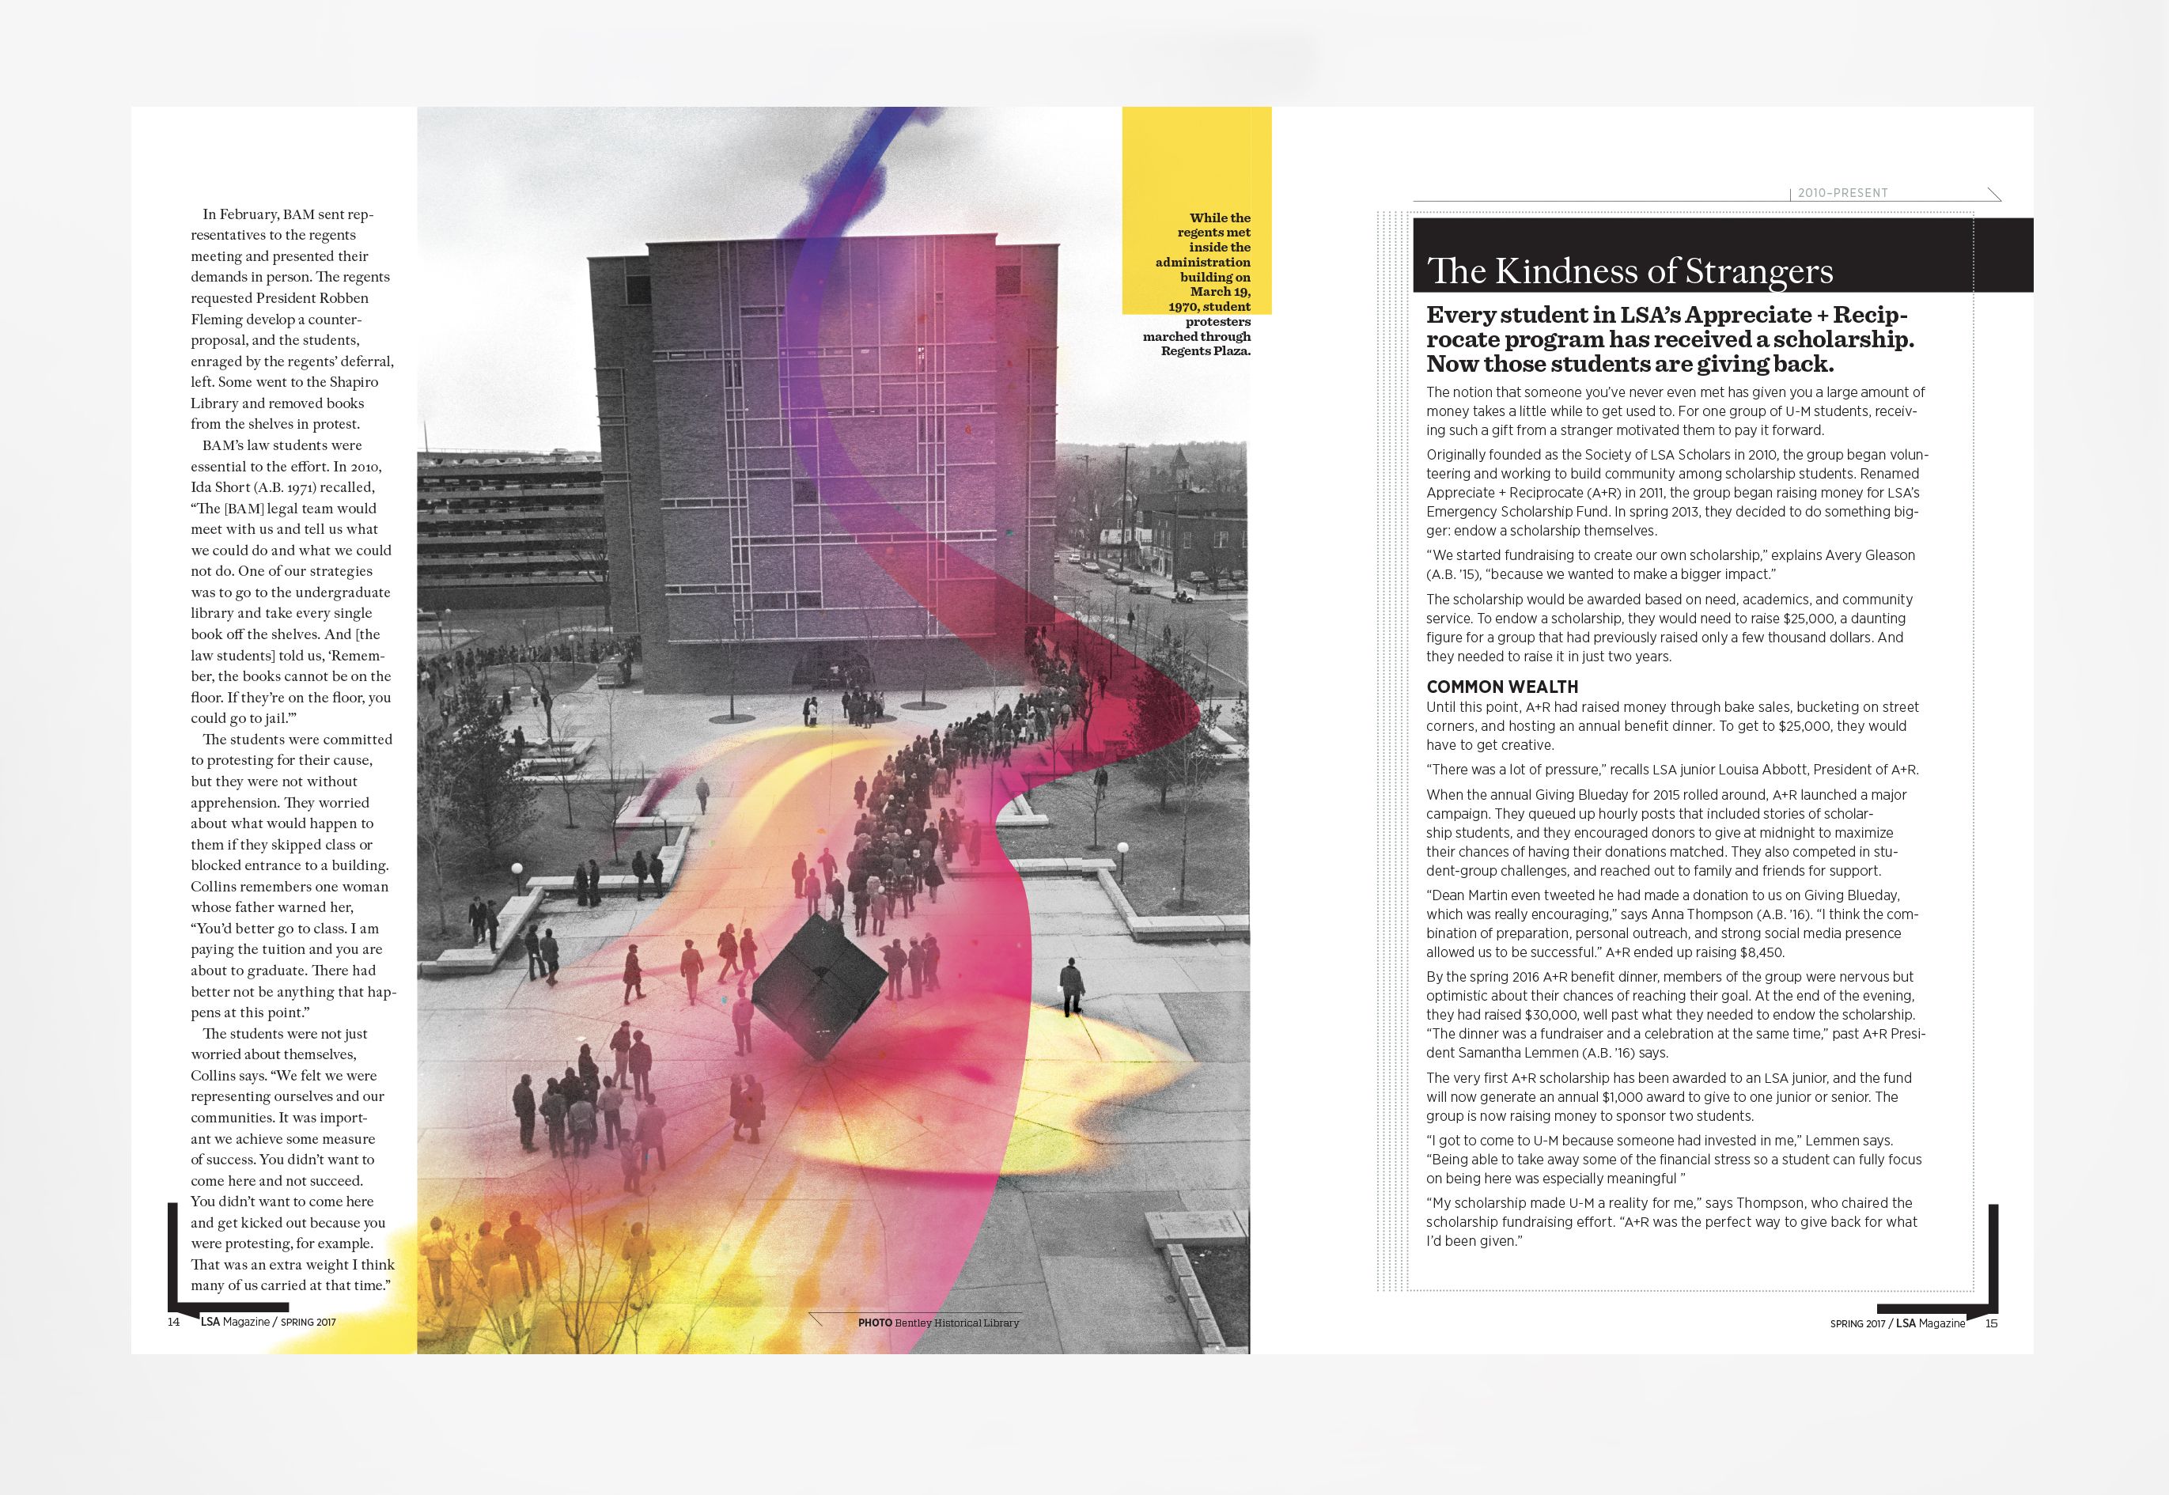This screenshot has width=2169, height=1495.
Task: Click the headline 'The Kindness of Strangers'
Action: coord(1630,271)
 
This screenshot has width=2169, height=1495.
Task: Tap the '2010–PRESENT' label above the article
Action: coord(1842,193)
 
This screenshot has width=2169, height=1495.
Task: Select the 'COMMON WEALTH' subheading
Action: coord(1502,687)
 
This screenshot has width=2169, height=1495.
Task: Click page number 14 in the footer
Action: coord(173,1322)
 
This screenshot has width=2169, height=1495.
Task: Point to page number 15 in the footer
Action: coord(1991,1323)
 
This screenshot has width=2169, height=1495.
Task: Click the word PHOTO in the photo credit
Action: coord(875,1323)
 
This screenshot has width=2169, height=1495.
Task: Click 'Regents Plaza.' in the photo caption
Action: coord(1206,351)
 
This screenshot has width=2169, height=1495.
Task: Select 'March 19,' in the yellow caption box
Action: coord(1221,291)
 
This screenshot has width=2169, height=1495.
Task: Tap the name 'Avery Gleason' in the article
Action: coord(1869,555)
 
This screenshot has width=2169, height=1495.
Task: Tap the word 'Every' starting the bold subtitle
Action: coord(1461,316)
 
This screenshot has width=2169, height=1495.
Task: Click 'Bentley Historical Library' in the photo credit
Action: coord(956,1323)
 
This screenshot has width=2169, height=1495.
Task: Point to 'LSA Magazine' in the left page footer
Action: coord(234,1322)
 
